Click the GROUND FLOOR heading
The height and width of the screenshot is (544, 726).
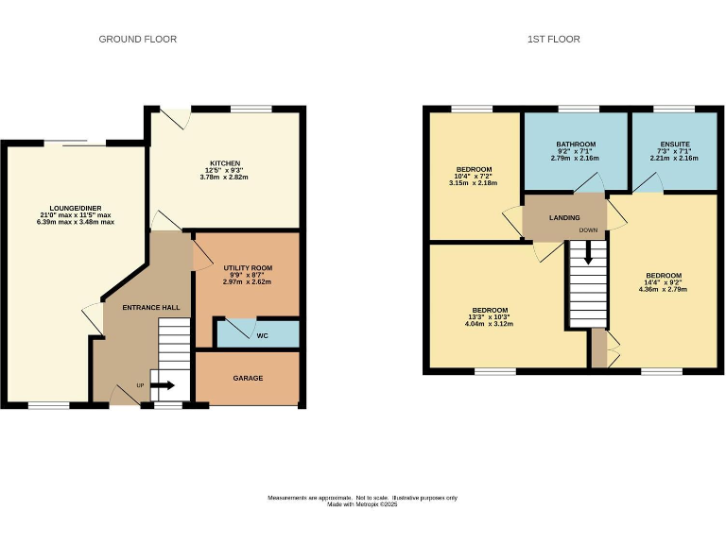138,39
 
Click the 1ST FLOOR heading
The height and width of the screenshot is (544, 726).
553,39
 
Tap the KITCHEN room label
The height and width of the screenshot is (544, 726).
225,162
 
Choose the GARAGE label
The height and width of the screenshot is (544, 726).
248,378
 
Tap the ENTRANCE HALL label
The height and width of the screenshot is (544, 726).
151,308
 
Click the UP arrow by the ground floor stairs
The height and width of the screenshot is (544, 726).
162,385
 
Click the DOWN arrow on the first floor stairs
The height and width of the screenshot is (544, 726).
588,252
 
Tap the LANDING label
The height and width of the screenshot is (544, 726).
564,217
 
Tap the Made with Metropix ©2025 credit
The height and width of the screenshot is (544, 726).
363,504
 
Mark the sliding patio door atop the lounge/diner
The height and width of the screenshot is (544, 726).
75,143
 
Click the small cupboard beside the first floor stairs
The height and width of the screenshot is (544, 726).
598,348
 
